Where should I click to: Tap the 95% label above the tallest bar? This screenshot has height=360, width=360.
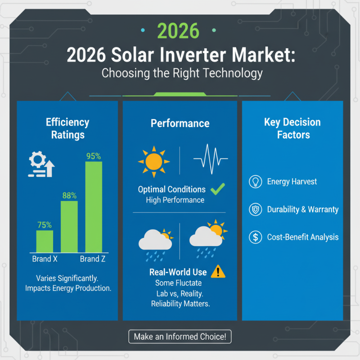[x=94, y=156]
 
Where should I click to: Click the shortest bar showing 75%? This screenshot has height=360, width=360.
[x=45, y=241]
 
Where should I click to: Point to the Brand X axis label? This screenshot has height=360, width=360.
[x=45, y=259]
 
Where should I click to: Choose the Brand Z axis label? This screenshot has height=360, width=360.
[x=93, y=259]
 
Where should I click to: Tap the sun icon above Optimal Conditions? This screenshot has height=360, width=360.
[x=154, y=161]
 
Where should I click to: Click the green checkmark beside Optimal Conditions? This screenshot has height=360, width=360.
[x=218, y=189]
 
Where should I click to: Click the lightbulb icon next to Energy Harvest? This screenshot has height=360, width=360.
[x=255, y=182]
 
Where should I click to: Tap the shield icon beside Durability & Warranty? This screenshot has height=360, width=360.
[x=255, y=210]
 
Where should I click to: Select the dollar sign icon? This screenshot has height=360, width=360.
[x=255, y=237]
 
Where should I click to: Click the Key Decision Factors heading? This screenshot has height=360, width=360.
[x=292, y=128]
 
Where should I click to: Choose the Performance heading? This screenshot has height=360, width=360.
[x=180, y=123]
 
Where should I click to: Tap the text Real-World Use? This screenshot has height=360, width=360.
[x=178, y=272]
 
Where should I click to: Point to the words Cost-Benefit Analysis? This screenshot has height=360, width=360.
[x=302, y=237]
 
